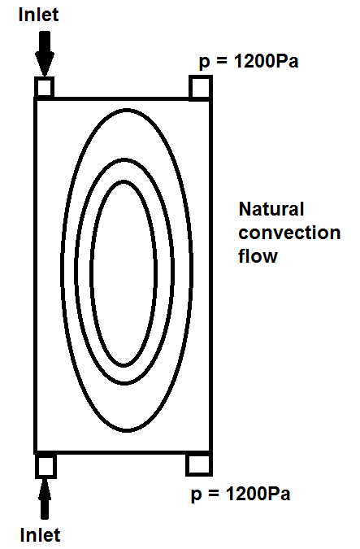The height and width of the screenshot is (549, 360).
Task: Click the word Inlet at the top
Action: [x=38, y=15]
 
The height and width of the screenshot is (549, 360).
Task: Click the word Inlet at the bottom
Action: [x=41, y=535]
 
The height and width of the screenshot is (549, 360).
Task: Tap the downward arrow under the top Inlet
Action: [x=45, y=53]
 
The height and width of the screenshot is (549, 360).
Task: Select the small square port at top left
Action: [x=44, y=87]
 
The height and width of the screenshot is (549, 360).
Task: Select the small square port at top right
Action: [x=201, y=88]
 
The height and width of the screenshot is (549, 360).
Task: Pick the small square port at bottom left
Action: [x=46, y=466]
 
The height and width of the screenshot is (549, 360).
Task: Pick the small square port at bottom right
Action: [x=199, y=465]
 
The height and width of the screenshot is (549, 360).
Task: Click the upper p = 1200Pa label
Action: [x=249, y=62]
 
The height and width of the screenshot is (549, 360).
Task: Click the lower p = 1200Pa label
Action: [x=241, y=494]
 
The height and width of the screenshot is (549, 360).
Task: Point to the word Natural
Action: [x=271, y=209]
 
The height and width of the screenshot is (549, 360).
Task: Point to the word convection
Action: [x=289, y=233]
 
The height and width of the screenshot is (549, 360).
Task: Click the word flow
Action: [x=258, y=255]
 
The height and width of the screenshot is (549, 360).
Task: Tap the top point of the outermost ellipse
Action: [x=127, y=110]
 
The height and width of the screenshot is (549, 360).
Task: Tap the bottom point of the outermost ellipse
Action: [x=127, y=430]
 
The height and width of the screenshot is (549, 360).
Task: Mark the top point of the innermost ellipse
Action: [x=124, y=181]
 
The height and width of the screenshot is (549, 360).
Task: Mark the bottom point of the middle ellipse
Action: [x=124, y=383]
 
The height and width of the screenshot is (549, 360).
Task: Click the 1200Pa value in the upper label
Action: [x=266, y=61]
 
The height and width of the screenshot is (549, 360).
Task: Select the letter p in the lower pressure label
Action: [x=197, y=496]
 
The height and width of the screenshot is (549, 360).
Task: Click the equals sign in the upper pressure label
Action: [x=222, y=62]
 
